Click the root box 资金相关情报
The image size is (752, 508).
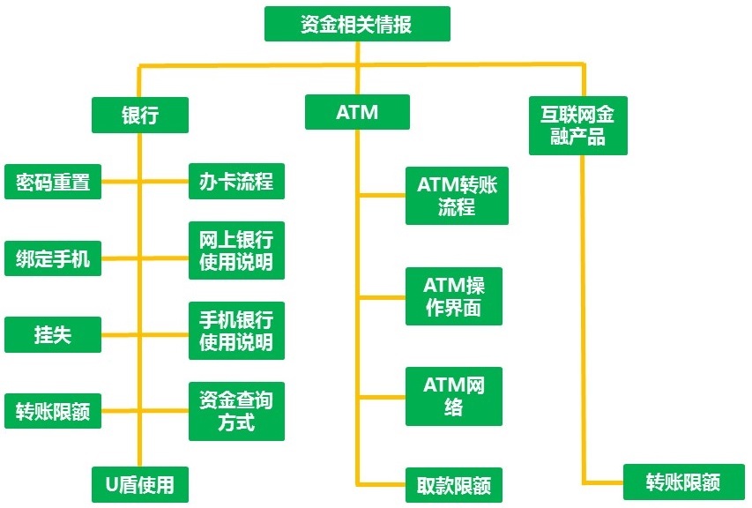(357, 24)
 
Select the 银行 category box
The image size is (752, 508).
(139, 114)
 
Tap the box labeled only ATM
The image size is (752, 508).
(357, 112)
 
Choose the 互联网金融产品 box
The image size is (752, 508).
(577, 125)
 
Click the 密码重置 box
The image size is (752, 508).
(53, 183)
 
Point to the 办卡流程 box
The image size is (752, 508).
(236, 182)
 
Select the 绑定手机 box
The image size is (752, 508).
(53, 259)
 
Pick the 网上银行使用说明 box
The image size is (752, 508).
(236, 250)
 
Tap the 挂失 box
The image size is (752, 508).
(53, 335)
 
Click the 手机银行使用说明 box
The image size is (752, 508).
(236, 330)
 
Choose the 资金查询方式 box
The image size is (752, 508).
(236, 411)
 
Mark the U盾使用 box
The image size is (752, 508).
(139, 483)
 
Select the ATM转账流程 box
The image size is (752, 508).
(457, 196)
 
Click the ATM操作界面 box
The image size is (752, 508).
(453, 296)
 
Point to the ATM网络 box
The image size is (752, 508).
(453, 396)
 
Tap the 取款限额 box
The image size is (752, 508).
(453, 484)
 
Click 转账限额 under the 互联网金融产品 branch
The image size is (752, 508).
(683, 482)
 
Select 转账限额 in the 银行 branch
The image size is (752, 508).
(53, 411)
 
